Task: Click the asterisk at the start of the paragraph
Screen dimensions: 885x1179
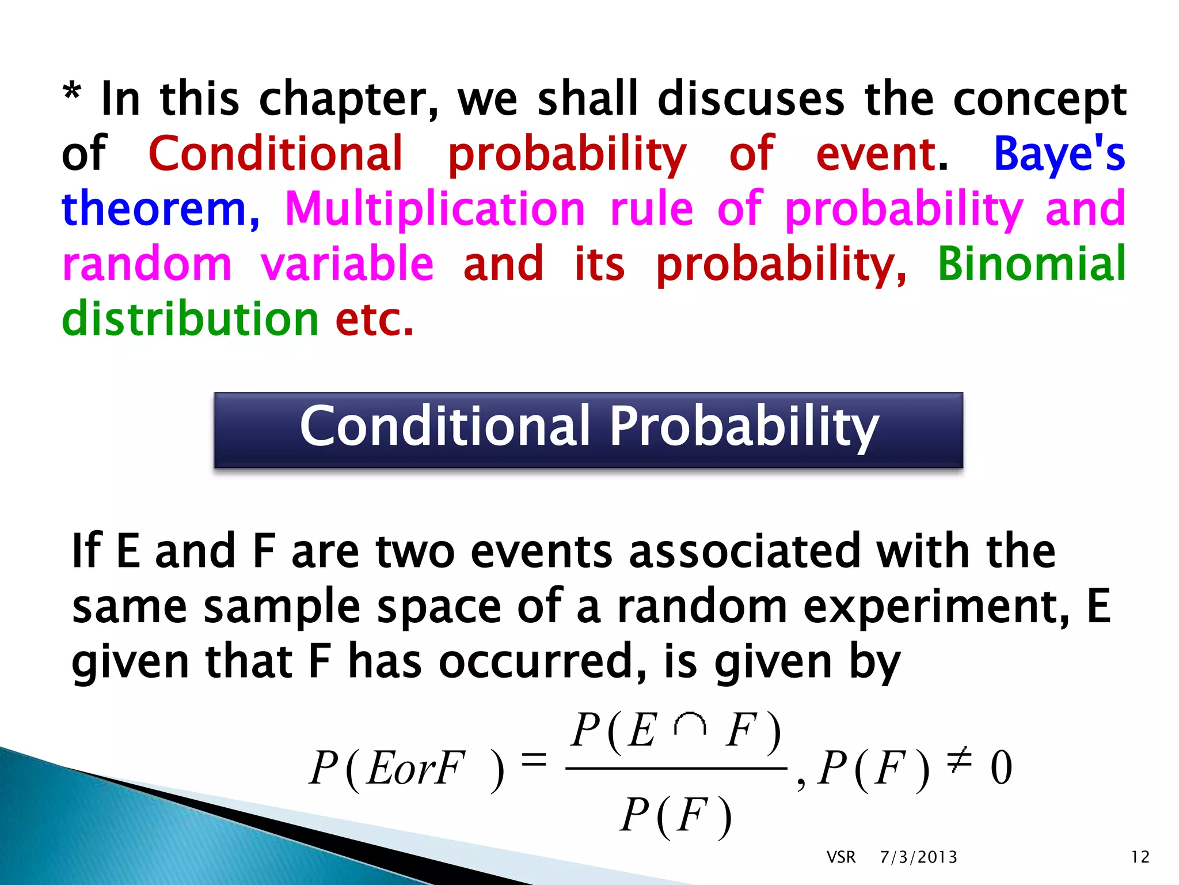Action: (71, 92)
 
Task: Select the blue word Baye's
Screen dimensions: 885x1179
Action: (1059, 154)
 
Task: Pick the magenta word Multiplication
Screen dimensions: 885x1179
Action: (435, 209)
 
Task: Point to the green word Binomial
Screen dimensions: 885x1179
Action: (1031, 264)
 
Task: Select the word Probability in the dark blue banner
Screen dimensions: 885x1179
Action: (744, 428)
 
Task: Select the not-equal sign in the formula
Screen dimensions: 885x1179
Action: (959, 760)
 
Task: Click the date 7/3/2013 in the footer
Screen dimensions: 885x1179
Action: (918, 857)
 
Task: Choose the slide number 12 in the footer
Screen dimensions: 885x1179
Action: (1140, 857)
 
